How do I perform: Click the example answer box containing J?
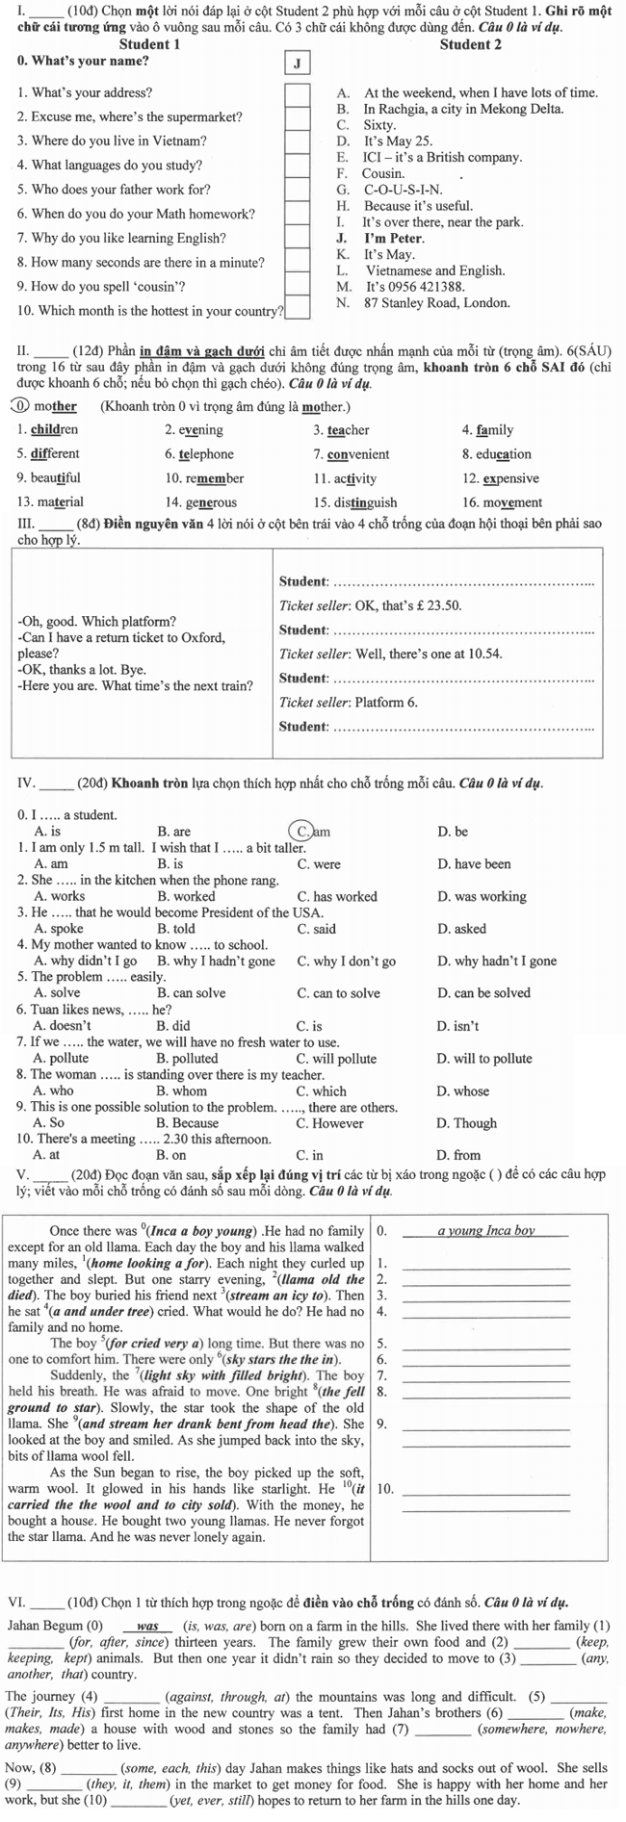[298, 64]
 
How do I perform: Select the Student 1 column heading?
[148, 44]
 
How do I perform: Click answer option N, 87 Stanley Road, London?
[424, 302]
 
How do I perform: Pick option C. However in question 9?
[330, 1123]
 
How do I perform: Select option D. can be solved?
[483, 993]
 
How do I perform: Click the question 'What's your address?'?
[85, 93]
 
